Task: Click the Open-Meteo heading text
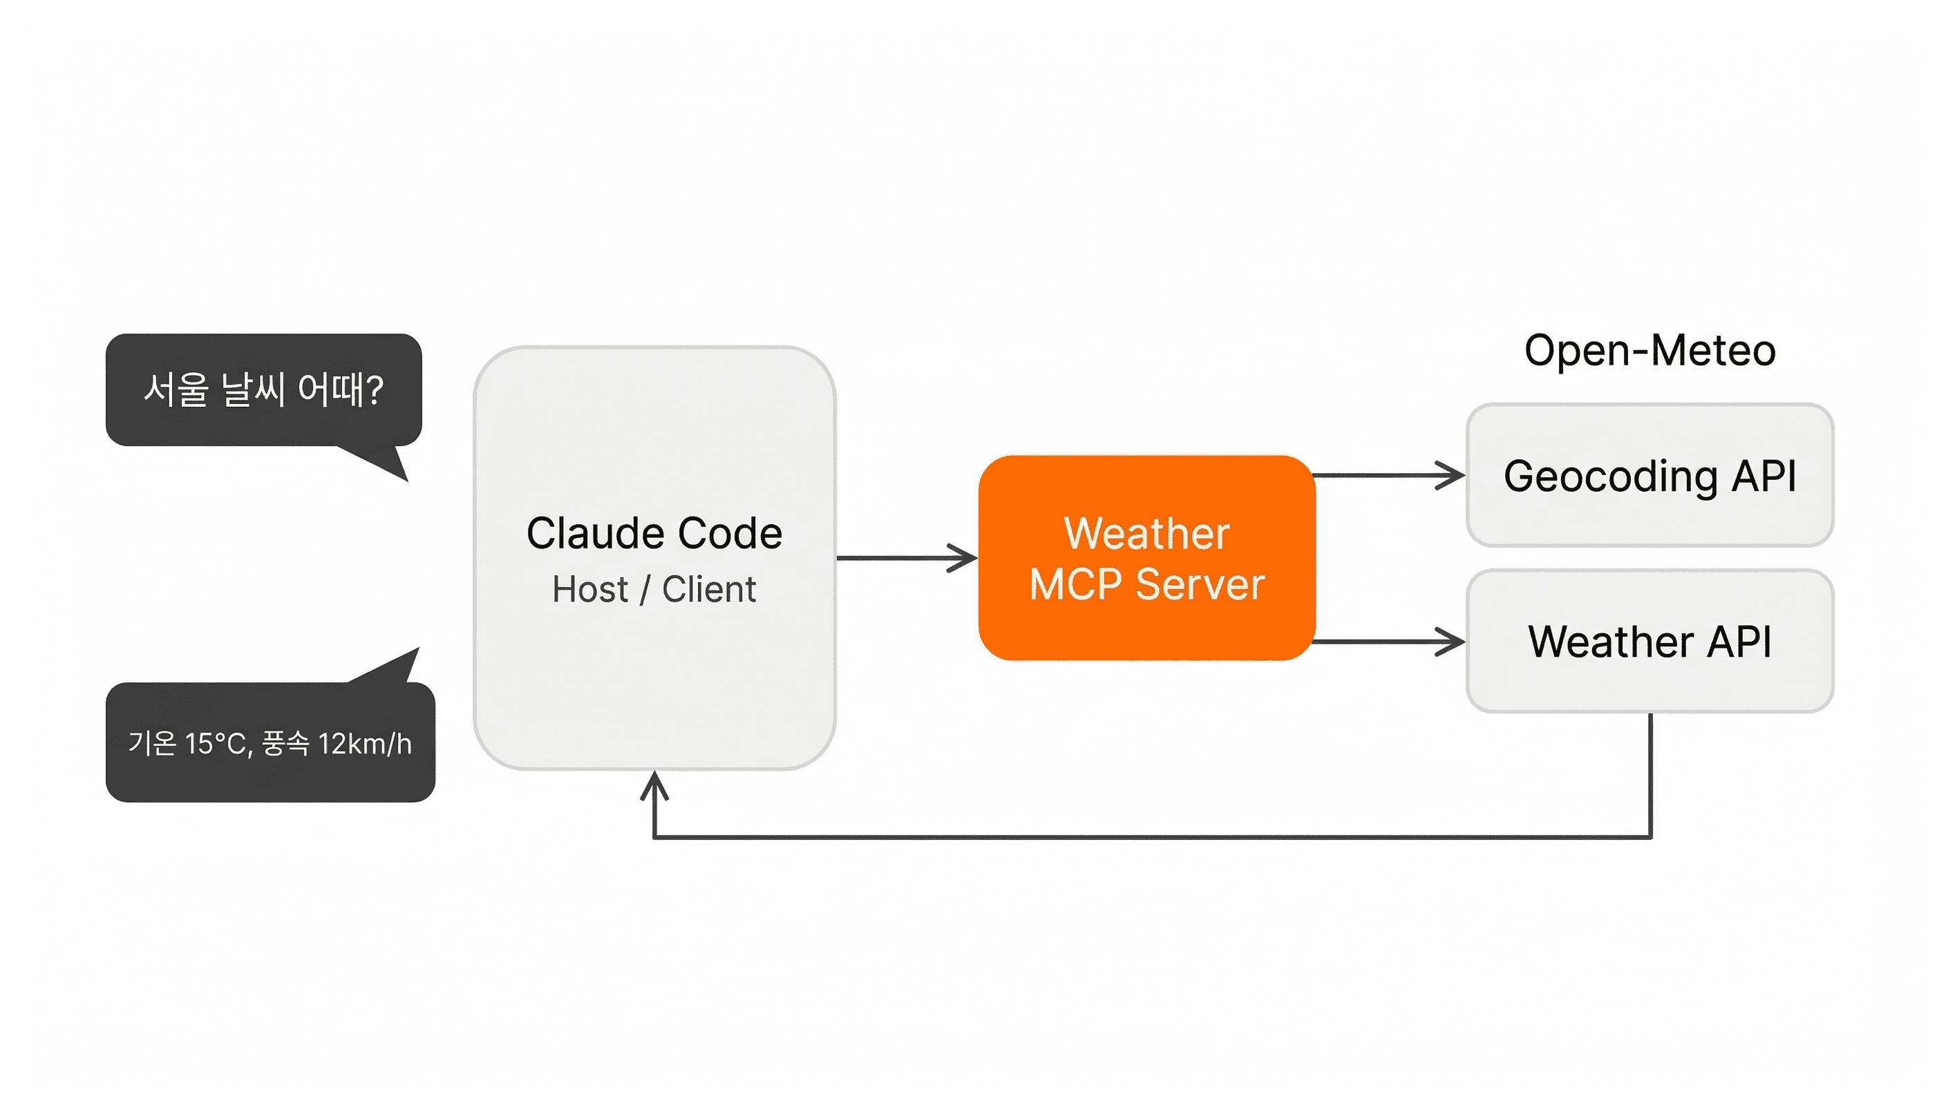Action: click(x=1649, y=351)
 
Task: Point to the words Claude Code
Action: click(x=654, y=532)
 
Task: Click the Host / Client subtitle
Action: click(x=654, y=590)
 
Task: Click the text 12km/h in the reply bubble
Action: click(x=365, y=744)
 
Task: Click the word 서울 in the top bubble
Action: click(x=176, y=389)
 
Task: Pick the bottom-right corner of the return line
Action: click(x=1650, y=837)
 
